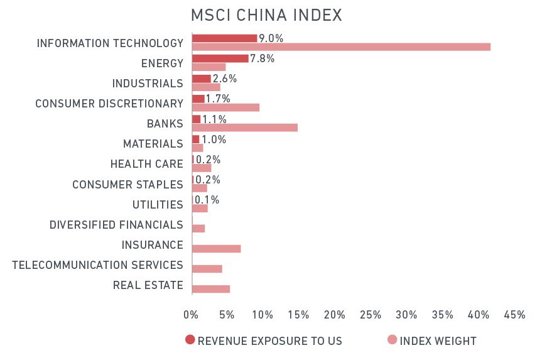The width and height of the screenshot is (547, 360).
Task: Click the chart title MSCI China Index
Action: click(267, 15)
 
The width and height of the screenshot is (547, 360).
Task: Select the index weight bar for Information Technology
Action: click(341, 46)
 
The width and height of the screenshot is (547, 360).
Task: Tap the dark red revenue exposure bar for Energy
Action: click(220, 58)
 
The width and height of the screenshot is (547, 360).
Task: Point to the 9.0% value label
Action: click(271, 38)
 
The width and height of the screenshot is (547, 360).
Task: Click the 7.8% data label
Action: click(263, 58)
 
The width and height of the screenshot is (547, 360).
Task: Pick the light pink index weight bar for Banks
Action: click(244, 128)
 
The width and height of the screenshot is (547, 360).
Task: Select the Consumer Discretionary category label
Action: click(109, 104)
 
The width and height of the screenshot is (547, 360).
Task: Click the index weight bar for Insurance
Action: click(216, 249)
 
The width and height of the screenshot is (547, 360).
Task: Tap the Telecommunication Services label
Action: click(97, 265)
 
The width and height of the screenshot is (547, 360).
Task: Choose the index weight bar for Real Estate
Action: click(211, 289)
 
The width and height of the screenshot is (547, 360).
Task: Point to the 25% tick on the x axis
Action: click(371, 315)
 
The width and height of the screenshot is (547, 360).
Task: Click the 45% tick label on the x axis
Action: click(514, 315)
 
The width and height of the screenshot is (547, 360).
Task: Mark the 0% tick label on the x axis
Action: click(191, 315)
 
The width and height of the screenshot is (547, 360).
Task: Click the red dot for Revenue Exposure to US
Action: click(190, 341)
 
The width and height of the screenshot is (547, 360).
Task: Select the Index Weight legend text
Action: click(438, 341)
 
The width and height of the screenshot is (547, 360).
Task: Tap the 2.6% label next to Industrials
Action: click(225, 79)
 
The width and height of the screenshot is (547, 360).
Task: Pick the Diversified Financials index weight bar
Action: click(198, 229)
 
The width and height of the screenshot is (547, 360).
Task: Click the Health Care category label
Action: click(146, 164)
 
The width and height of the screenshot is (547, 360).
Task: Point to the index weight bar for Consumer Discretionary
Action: click(225, 107)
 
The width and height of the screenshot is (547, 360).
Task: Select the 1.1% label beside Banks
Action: click(214, 119)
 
